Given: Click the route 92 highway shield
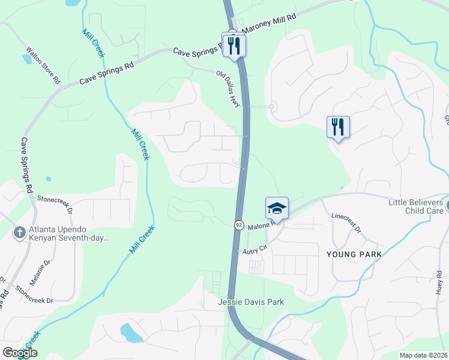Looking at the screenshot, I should (238, 224).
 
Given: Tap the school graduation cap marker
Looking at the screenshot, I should (277, 208).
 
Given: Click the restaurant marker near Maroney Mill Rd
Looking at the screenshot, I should (234, 45).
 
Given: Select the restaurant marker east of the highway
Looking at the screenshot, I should (338, 127).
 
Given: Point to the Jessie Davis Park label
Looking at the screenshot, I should (250, 302).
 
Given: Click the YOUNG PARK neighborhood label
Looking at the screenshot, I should (354, 254).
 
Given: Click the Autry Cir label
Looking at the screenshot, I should (254, 252).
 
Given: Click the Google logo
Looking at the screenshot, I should (20, 353).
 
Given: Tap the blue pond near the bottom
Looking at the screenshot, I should (131, 332).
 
